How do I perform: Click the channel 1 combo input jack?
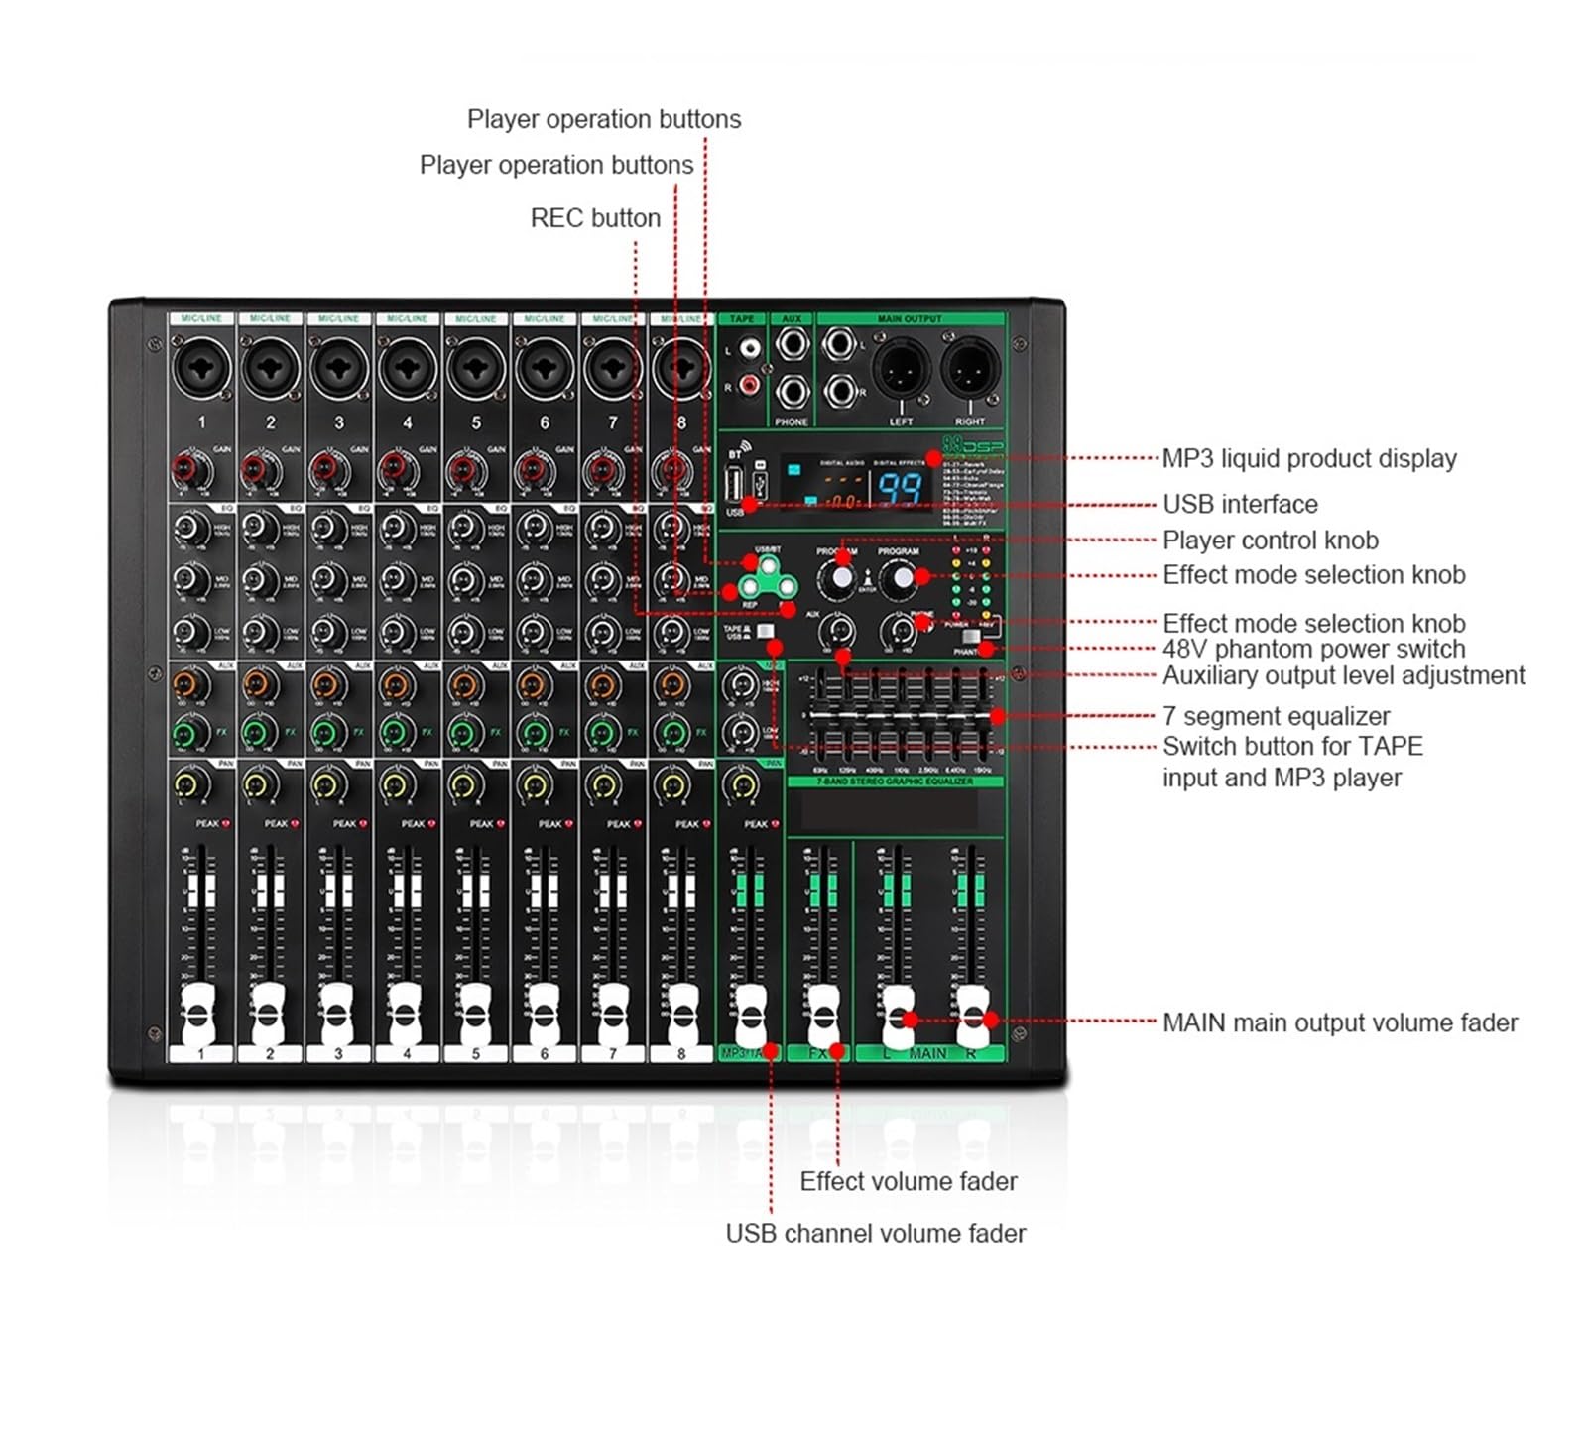(x=201, y=368)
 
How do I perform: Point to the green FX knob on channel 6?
(x=534, y=734)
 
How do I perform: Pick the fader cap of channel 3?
(x=336, y=1013)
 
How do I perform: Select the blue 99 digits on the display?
(x=898, y=488)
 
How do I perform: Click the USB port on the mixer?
(x=735, y=486)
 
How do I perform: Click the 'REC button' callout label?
(x=595, y=218)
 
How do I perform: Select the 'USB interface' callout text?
(x=1240, y=504)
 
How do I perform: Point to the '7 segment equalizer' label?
(x=1276, y=716)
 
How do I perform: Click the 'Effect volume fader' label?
(x=908, y=1181)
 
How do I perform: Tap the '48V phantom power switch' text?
(x=1313, y=649)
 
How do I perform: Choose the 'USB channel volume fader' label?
(x=875, y=1233)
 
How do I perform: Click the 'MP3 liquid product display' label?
(x=1308, y=458)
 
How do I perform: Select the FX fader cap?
(x=822, y=1014)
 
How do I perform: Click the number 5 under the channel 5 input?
(x=476, y=422)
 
